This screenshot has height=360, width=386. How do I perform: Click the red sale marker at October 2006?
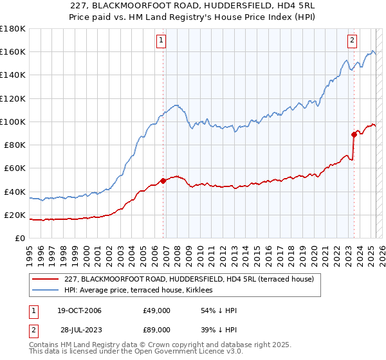(x=163, y=181)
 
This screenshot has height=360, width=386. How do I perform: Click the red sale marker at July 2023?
(x=354, y=134)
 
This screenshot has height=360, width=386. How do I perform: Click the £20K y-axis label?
(x=15, y=215)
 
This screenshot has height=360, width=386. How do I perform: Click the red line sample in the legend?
(x=46, y=279)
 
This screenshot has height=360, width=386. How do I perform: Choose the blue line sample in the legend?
(x=46, y=290)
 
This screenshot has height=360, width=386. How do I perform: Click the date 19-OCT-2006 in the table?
(x=75, y=310)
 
